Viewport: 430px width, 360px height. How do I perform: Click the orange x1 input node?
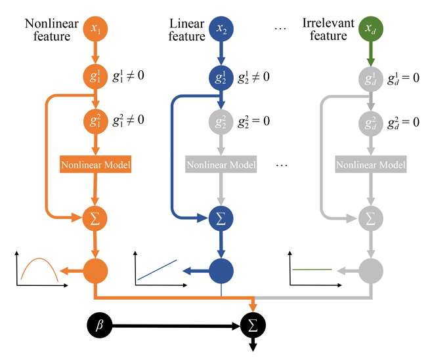[95, 29]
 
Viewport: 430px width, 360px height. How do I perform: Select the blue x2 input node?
[221, 29]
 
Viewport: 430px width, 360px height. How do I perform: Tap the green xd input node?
[371, 29]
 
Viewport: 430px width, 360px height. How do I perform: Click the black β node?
[100, 325]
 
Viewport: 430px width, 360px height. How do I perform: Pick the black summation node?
[253, 325]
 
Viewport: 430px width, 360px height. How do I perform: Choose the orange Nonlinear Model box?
[95, 165]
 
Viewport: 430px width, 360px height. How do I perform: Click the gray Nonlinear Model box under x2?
[221, 165]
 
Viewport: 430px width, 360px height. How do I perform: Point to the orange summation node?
[95, 218]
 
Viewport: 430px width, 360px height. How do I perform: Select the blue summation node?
[221, 218]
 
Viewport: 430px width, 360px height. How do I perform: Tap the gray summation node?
[371, 218]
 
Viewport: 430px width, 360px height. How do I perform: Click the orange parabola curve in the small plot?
[39, 258]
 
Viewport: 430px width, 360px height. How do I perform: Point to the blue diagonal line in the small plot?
[157, 270]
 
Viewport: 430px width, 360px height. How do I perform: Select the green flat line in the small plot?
[312, 270]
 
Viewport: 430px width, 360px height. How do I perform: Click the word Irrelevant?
[328, 23]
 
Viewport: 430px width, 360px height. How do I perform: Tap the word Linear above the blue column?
[186, 24]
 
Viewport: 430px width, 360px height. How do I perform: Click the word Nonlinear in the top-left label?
[52, 24]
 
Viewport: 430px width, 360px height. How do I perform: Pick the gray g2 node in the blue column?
[221, 122]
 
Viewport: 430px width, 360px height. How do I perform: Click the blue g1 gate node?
[221, 77]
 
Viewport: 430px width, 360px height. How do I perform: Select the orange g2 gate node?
[95, 121]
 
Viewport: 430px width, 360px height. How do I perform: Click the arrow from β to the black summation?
[176, 326]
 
